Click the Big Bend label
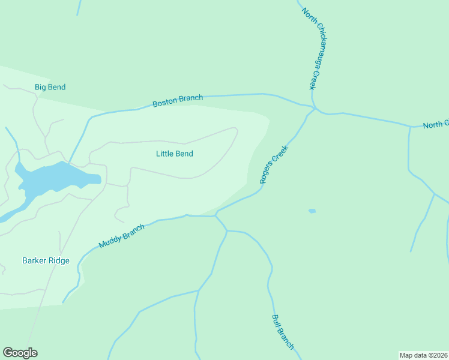50,87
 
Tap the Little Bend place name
174,154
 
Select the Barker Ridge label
46,260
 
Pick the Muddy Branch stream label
122,237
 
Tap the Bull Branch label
283,332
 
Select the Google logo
20,353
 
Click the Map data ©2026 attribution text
424,355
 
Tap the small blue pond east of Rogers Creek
312,211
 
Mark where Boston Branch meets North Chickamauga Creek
315,109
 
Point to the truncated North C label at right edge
436,124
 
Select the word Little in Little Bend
164,154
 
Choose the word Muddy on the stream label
109,242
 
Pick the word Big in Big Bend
40,87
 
